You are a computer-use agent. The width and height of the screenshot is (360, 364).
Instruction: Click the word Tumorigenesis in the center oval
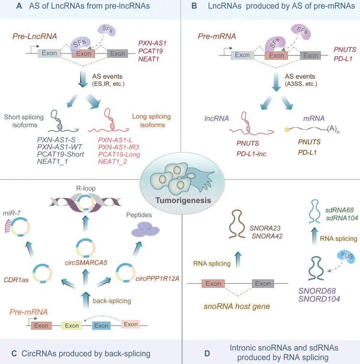(183, 200)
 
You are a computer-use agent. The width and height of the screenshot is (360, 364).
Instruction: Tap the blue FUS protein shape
(346, 257)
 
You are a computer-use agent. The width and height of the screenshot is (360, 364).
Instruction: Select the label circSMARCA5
(86, 263)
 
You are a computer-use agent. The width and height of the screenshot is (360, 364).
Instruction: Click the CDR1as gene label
(16, 280)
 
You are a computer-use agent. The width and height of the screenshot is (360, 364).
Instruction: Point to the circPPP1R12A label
(158, 278)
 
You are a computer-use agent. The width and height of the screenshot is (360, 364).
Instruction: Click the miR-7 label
(11, 213)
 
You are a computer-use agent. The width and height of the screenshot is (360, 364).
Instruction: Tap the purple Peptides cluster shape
(146, 229)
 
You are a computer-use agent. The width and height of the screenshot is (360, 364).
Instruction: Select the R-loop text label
(86, 188)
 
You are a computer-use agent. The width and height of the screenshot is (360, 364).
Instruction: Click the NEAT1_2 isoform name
(113, 161)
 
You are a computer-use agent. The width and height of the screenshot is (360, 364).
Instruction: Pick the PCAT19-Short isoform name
(60, 154)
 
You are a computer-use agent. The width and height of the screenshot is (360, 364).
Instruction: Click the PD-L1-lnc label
(251, 154)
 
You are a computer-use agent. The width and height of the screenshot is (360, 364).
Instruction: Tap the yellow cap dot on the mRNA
(287, 130)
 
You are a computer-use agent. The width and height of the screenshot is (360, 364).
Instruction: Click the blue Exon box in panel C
(101, 325)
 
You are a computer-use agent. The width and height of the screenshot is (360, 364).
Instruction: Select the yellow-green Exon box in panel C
(72, 325)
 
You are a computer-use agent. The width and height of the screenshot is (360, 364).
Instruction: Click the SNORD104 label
(319, 299)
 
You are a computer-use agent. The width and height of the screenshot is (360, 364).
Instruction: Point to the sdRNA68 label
(339, 210)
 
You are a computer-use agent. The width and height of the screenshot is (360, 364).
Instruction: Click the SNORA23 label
(265, 228)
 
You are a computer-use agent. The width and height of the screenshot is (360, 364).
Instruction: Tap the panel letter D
(207, 353)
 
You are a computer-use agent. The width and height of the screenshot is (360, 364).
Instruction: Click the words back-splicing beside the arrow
(112, 301)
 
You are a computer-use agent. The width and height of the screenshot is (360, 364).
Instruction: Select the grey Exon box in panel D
(263, 283)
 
